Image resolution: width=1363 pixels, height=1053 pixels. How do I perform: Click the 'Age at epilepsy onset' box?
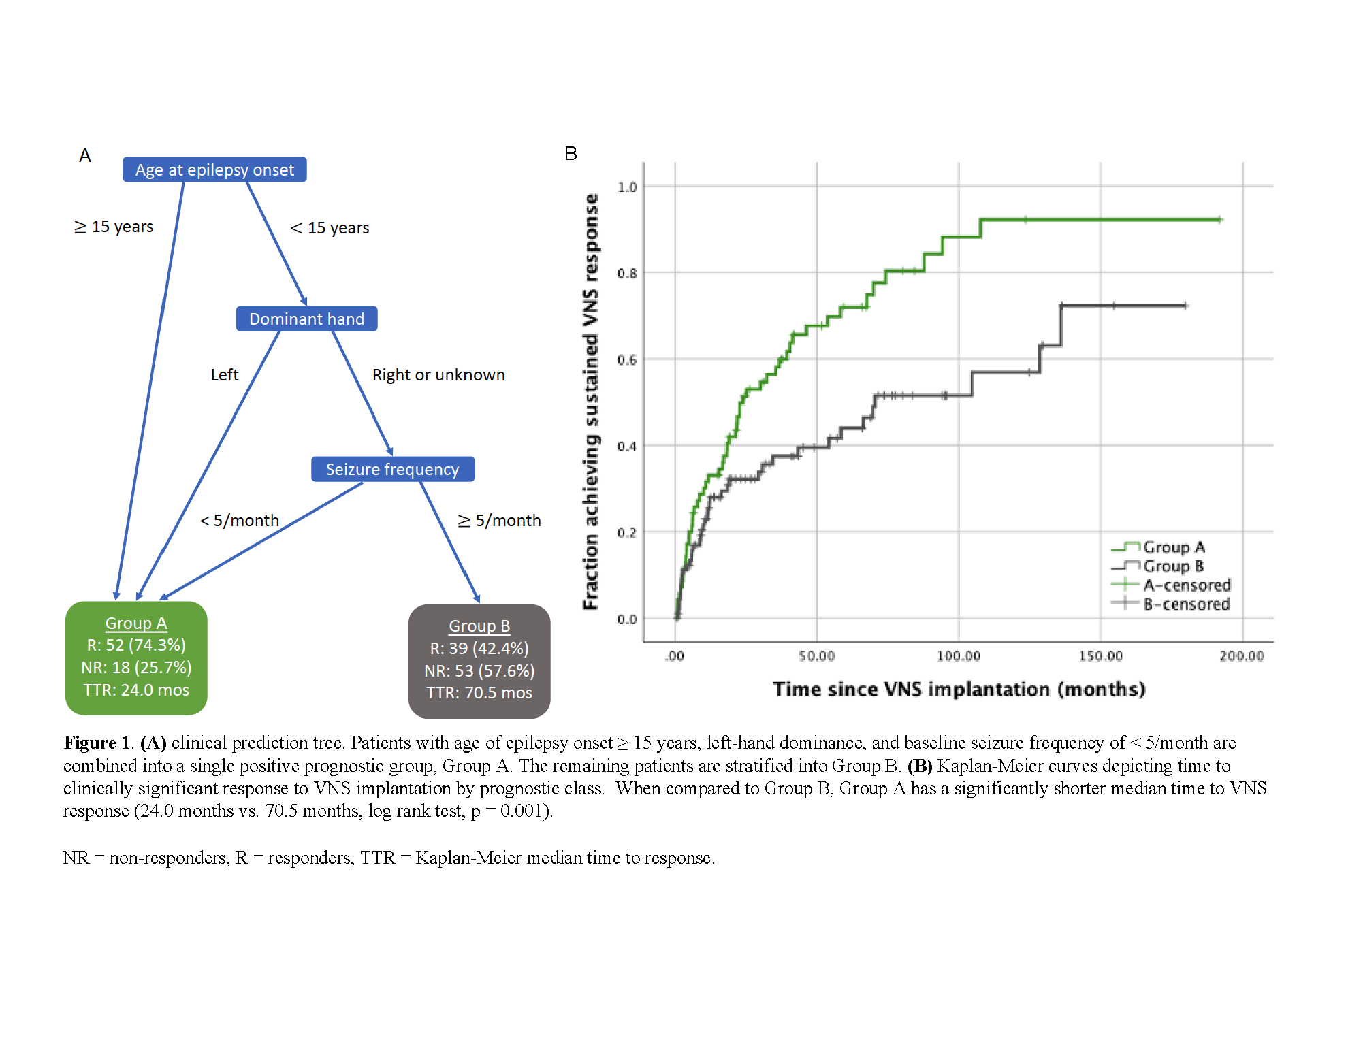(x=214, y=169)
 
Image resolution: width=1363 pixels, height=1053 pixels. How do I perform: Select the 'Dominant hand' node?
(x=306, y=319)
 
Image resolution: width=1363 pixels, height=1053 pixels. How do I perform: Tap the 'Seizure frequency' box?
(x=392, y=469)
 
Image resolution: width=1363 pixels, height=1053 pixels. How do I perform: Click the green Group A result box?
(x=136, y=658)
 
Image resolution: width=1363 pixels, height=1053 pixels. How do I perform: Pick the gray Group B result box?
(x=479, y=660)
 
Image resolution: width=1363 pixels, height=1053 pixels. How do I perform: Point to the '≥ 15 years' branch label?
(x=114, y=227)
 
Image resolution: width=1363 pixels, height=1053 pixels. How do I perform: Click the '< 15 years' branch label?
(x=330, y=228)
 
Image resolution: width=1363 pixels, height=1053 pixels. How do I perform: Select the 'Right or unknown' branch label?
(x=438, y=375)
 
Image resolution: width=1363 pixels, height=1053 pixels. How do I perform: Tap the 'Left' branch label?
(x=225, y=375)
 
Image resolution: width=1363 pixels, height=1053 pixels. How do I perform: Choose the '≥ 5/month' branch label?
(x=500, y=521)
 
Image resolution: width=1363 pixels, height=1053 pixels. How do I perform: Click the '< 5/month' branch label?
(x=240, y=521)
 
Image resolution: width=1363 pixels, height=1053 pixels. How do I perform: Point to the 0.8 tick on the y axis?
(x=627, y=273)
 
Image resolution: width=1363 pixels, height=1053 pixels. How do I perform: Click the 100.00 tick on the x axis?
(x=959, y=655)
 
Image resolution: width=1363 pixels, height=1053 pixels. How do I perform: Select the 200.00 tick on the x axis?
(x=1242, y=655)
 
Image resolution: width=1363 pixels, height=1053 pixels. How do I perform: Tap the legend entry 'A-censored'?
(x=1187, y=585)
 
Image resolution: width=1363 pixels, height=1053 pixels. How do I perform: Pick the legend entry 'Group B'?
(x=1173, y=566)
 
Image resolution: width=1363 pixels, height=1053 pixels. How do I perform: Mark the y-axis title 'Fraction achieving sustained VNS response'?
(x=591, y=402)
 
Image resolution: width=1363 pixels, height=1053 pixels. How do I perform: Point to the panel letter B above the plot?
(x=571, y=154)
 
